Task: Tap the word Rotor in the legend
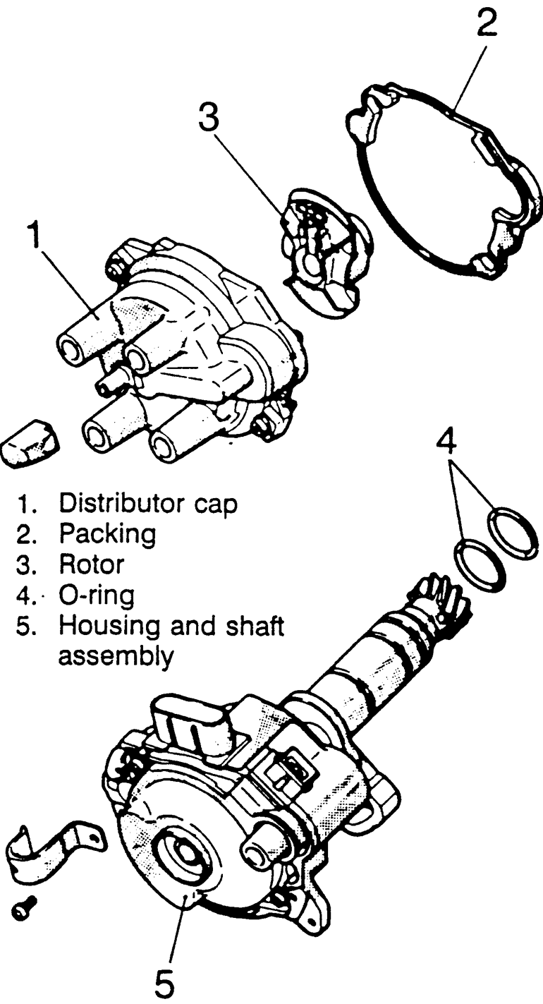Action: (x=92, y=564)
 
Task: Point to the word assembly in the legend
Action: (x=116, y=657)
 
